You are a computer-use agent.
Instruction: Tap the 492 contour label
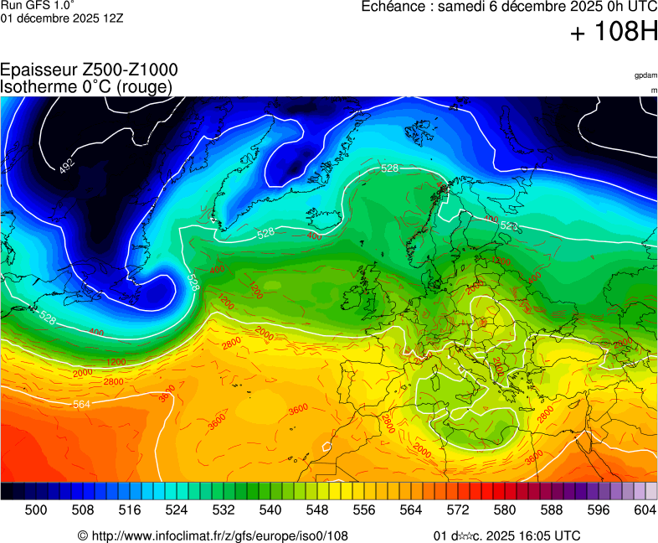[67, 165]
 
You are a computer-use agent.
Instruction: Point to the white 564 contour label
[81, 405]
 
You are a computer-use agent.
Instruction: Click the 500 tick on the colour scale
[35, 509]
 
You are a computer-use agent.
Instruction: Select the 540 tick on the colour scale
[270, 509]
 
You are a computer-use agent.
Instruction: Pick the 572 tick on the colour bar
[457, 509]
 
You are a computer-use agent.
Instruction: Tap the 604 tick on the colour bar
[645, 509]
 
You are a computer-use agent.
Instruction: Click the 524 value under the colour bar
[176, 509]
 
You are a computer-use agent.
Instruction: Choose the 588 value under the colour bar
[551, 509]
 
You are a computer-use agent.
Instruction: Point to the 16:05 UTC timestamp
[544, 535]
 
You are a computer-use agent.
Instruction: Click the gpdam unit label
[645, 75]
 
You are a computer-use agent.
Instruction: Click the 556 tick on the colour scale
[363, 509]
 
